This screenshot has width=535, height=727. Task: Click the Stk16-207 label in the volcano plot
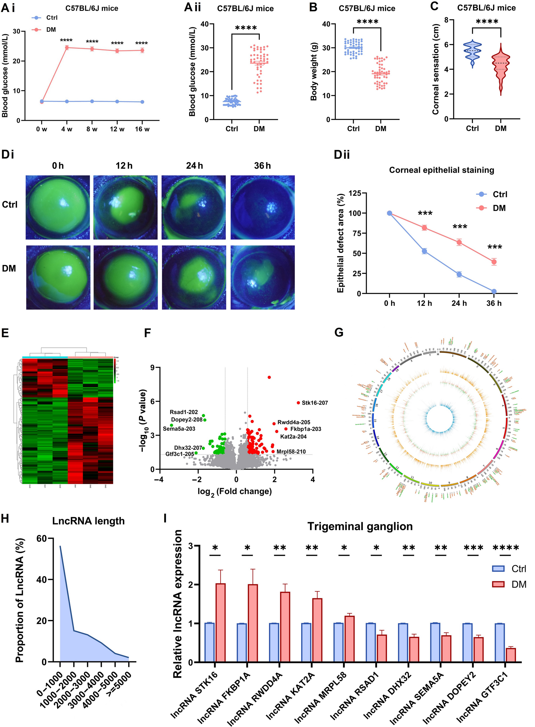coord(314,403)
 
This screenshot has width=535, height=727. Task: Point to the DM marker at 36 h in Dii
coord(494,262)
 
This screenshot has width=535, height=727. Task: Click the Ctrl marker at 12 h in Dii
coord(424,251)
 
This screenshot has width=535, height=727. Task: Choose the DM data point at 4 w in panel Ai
coord(67,47)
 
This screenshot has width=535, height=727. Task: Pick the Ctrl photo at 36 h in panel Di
coord(262,208)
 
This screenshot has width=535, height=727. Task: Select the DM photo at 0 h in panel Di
coord(58,277)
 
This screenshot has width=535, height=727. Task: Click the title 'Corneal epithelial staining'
coord(441,170)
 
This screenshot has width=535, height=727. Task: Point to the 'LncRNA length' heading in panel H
coord(88,521)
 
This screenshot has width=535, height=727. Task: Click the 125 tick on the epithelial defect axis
coord(355,193)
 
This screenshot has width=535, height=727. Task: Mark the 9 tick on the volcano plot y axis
coord(153,367)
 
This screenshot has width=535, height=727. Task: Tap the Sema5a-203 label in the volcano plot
coord(179,429)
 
